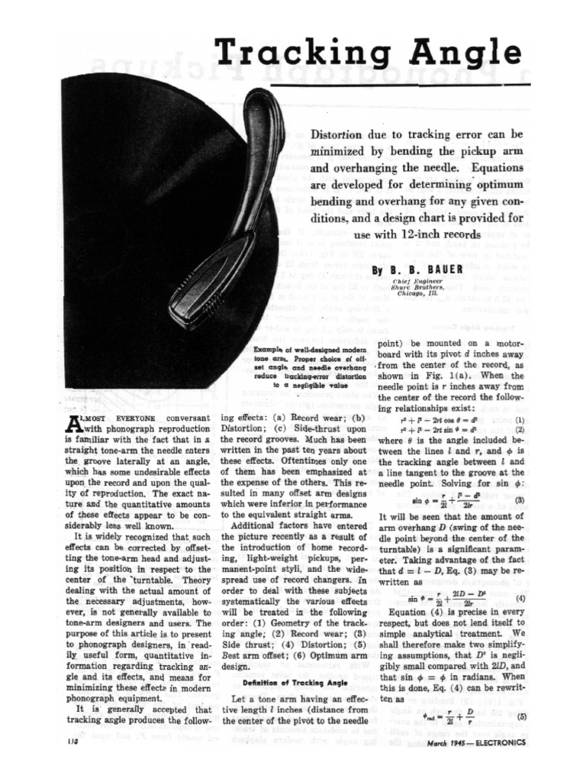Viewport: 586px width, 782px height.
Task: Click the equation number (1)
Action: point(520,419)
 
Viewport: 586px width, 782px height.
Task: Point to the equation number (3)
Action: point(520,500)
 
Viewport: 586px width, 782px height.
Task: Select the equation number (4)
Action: point(520,598)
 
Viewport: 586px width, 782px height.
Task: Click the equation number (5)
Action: point(521,716)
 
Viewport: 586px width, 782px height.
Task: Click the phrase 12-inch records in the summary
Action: point(443,235)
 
